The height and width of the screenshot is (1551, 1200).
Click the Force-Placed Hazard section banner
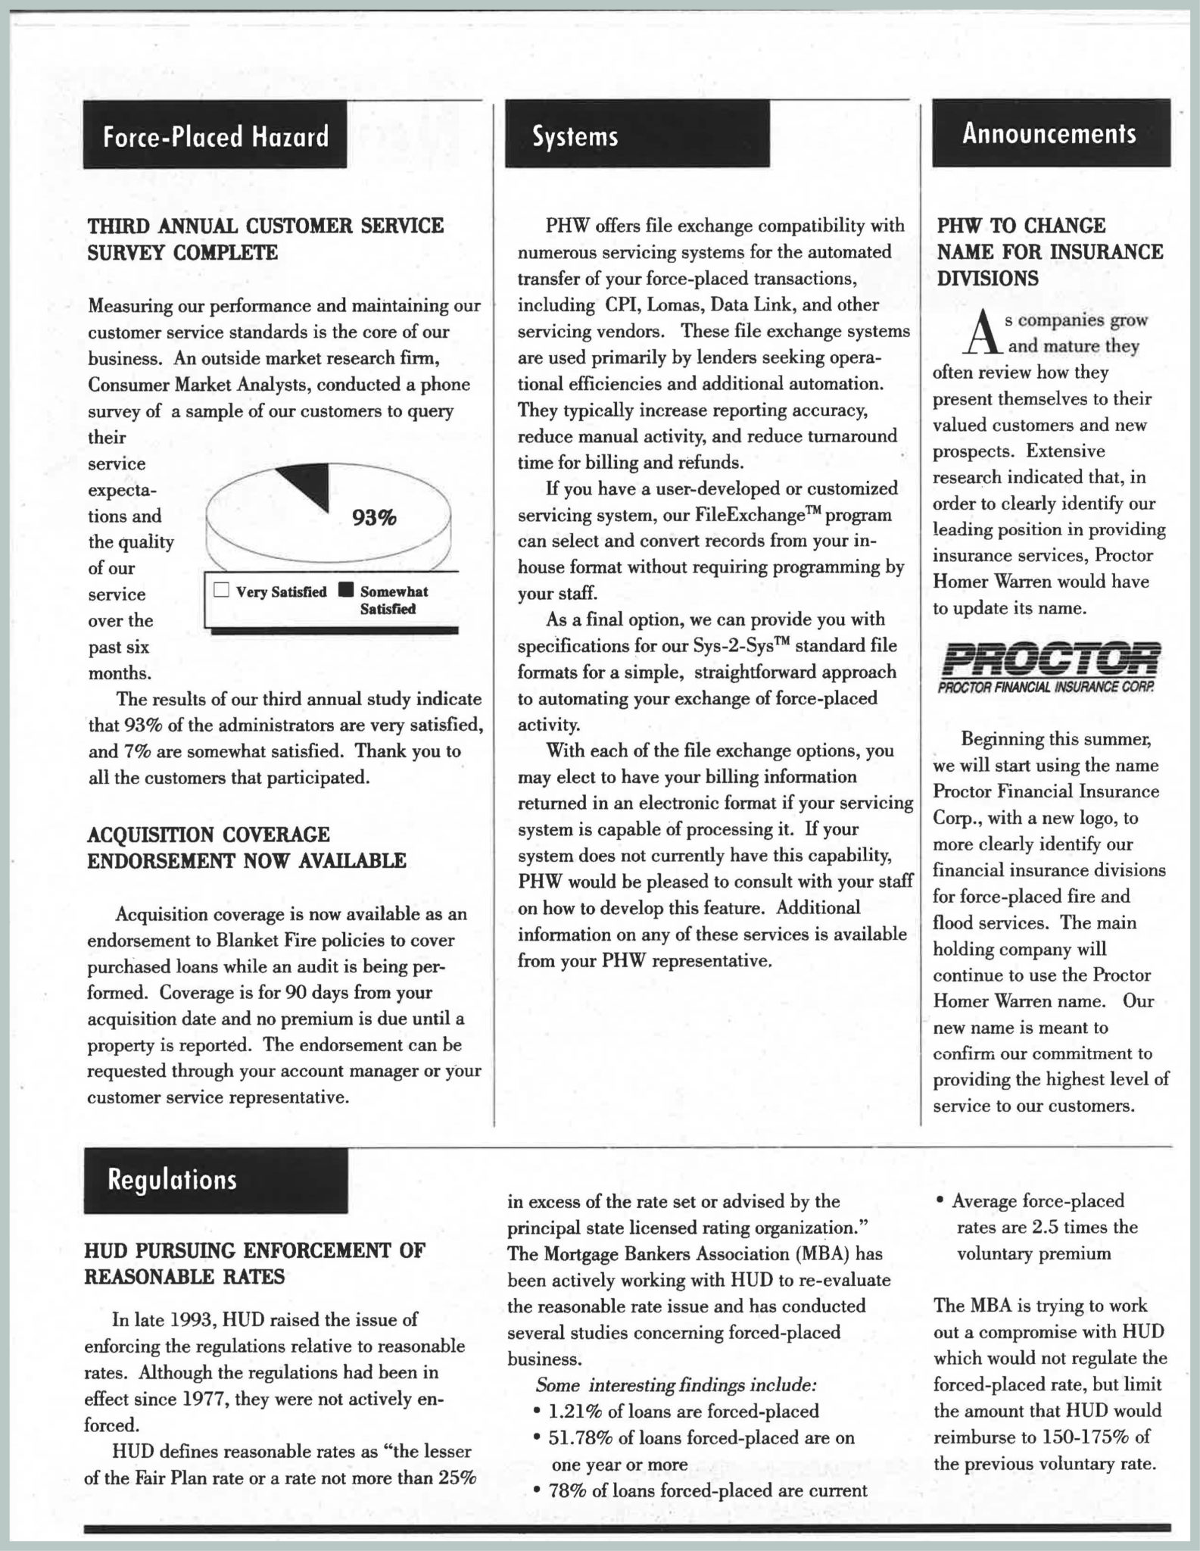(x=215, y=135)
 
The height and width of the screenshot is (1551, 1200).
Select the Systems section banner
(x=637, y=135)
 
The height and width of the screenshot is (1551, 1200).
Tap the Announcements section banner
(x=1050, y=133)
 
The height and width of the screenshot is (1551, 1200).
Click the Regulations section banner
(x=216, y=1179)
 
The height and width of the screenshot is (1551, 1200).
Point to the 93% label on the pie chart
(x=374, y=518)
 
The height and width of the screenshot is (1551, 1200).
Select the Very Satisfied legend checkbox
(x=221, y=591)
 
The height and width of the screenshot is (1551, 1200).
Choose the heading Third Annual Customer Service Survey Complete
(x=266, y=239)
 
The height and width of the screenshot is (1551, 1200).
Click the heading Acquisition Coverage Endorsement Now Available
(x=247, y=847)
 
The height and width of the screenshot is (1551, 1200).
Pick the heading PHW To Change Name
(x=1049, y=251)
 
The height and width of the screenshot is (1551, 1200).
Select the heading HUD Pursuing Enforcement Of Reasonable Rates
(x=254, y=1263)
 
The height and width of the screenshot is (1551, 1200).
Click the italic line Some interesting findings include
(x=676, y=1385)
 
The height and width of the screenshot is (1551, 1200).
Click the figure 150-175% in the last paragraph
(x=1086, y=1437)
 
